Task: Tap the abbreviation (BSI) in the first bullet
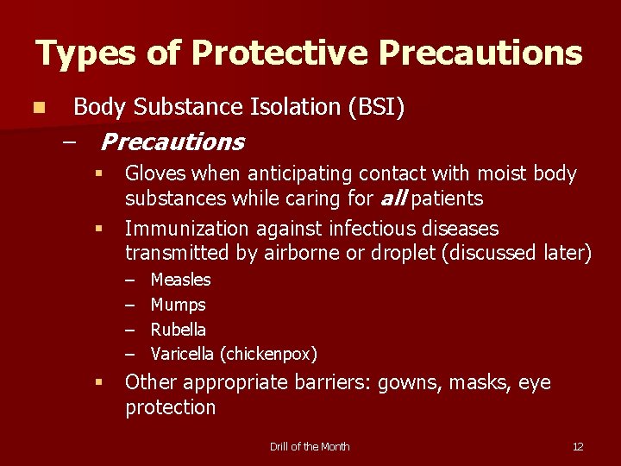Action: click(x=377, y=107)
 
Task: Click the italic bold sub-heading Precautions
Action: click(x=172, y=142)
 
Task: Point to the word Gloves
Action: click(x=155, y=174)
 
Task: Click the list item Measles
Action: click(x=180, y=280)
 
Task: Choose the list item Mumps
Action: click(x=178, y=305)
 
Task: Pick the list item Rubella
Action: click(x=179, y=329)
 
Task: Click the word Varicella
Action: click(x=183, y=354)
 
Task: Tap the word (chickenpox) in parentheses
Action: click(x=268, y=354)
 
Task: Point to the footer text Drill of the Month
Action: click(x=310, y=446)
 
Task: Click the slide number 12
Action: click(x=578, y=446)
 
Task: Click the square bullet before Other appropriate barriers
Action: click(x=99, y=382)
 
